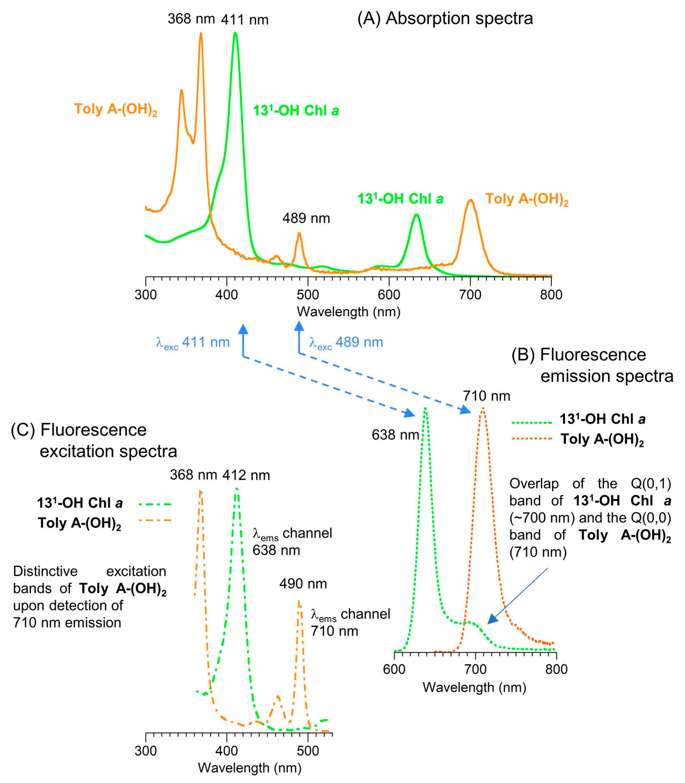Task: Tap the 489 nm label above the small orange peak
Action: pyautogui.click(x=306, y=218)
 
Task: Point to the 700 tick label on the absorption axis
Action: pyautogui.click(x=470, y=295)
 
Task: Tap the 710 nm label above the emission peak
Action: pyautogui.click(x=487, y=396)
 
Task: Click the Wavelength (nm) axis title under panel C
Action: pyautogui.click(x=250, y=768)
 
